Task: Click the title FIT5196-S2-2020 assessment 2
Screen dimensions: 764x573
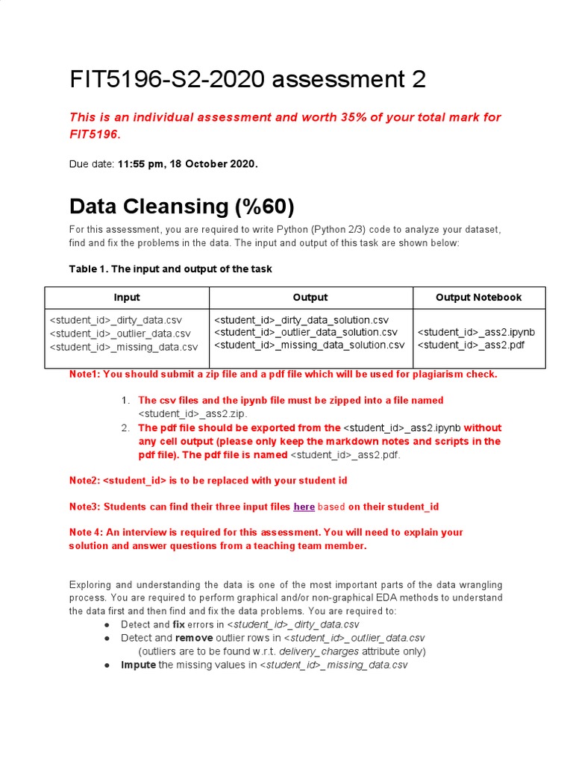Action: [247, 79]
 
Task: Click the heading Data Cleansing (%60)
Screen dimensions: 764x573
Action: [181, 206]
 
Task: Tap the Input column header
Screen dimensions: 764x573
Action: [127, 297]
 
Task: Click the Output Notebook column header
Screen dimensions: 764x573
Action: [478, 297]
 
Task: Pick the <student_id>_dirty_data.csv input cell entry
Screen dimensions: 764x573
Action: [116, 319]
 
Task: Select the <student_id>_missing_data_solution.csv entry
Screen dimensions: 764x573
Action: [310, 345]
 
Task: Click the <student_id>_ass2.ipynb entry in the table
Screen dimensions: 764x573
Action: [476, 332]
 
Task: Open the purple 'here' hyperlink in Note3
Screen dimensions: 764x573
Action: [304, 507]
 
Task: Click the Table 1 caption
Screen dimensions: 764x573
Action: [170, 269]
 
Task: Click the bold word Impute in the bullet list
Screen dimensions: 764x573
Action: [138, 665]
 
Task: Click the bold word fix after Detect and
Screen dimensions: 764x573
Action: [179, 624]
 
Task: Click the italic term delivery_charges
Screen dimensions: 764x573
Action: [313, 651]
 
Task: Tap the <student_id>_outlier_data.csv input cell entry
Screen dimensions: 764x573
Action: [120, 333]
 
